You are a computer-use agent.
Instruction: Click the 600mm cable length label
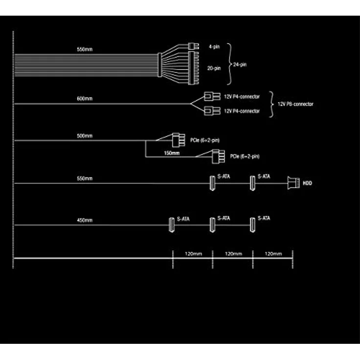pyautogui.click(x=85, y=99)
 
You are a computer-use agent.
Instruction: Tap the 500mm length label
pyautogui.click(x=85, y=136)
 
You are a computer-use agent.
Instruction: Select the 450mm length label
pyautogui.click(x=85, y=221)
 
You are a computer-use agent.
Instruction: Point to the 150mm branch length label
pyautogui.click(x=172, y=153)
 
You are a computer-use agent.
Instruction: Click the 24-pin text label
pyautogui.click(x=240, y=65)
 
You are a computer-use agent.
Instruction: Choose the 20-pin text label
pyautogui.click(x=214, y=68)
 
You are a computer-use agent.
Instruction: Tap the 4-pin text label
pyautogui.click(x=214, y=47)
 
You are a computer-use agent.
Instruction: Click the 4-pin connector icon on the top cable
pyautogui.click(x=194, y=46)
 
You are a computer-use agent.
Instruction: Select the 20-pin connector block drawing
pyautogui.click(x=194, y=68)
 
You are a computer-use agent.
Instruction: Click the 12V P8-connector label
pyautogui.click(x=295, y=104)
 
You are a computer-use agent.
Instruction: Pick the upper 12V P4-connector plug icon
pyautogui.click(x=212, y=96)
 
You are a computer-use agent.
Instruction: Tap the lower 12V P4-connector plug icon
pyautogui.click(x=212, y=111)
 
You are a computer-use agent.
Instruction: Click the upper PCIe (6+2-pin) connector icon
pyautogui.click(x=179, y=140)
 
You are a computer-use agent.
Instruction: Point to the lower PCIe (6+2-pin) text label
pyautogui.click(x=245, y=157)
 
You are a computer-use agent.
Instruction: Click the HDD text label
pyautogui.click(x=308, y=183)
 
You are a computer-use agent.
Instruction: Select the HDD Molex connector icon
pyautogui.click(x=293, y=183)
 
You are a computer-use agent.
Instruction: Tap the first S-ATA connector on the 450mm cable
pyautogui.click(x=172, y=225)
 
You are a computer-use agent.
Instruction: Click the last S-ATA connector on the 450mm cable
pyautogui.click(x=252, y=225)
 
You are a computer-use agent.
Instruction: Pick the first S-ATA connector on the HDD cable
pyautogui.click(x=213, y=183)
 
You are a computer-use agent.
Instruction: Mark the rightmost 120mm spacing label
pyautogui.click(x=273, y=254)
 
